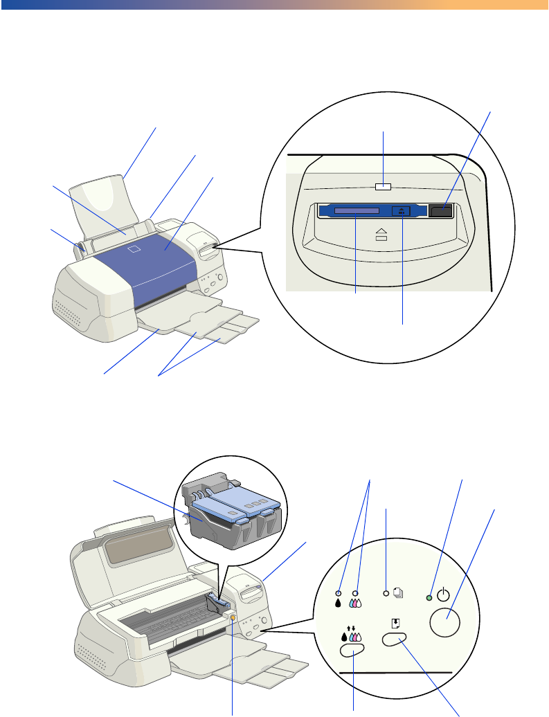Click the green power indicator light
click(x=430, y=597)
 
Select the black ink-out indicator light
click(x=339, y=593)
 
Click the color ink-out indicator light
click(x=356, y=593)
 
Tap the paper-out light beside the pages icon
click(x=386, y=594)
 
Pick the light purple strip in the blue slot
click(x=356, y=210)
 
